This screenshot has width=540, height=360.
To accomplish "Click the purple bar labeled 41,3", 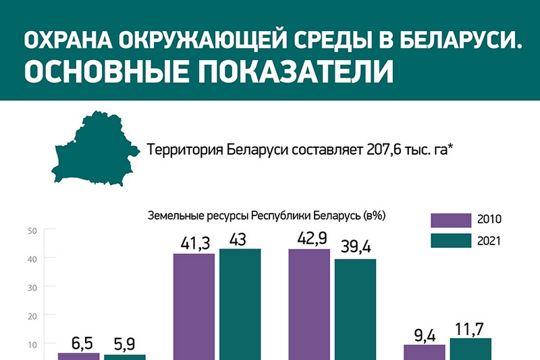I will [194, 307].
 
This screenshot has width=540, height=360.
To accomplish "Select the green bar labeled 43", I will [240, 304].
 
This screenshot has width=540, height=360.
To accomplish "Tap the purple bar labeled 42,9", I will [309, 304].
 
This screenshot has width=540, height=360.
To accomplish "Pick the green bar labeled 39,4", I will [355, 309].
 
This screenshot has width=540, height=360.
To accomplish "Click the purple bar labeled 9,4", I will [425, 352].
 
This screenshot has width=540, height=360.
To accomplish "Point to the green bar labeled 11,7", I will [470, 349].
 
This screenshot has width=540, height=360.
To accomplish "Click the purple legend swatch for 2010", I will [450, 220].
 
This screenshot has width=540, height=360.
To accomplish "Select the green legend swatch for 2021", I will [450, 240].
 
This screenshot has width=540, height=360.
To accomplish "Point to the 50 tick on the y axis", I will [32, 230].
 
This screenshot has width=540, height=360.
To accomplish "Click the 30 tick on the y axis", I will [32, 286].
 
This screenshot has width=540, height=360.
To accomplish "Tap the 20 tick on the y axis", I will [32, 315].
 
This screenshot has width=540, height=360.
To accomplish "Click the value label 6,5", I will [79, 343].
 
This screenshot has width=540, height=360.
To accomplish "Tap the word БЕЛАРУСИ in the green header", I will [448, 42].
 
